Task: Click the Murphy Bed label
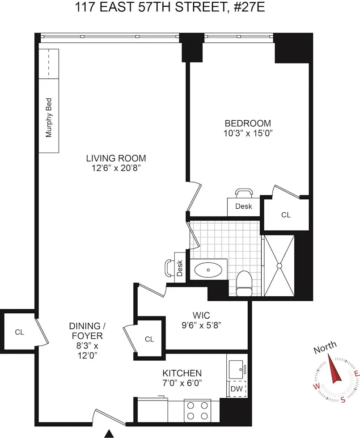coord(49,118)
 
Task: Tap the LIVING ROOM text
coord(116,158)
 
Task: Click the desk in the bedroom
coord(244,206)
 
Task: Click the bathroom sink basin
coord(208,270)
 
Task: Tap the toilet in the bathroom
coord(245,284)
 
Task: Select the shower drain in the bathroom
coord(280,265)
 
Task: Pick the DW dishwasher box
coord(236,389)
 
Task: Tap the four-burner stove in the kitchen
coord(197,410)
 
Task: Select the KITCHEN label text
coord(182,373)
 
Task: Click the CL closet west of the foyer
coord(19,332)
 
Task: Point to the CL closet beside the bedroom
coord(286,215)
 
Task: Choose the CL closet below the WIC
coord(149,339)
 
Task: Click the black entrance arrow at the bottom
coord(109,433)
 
